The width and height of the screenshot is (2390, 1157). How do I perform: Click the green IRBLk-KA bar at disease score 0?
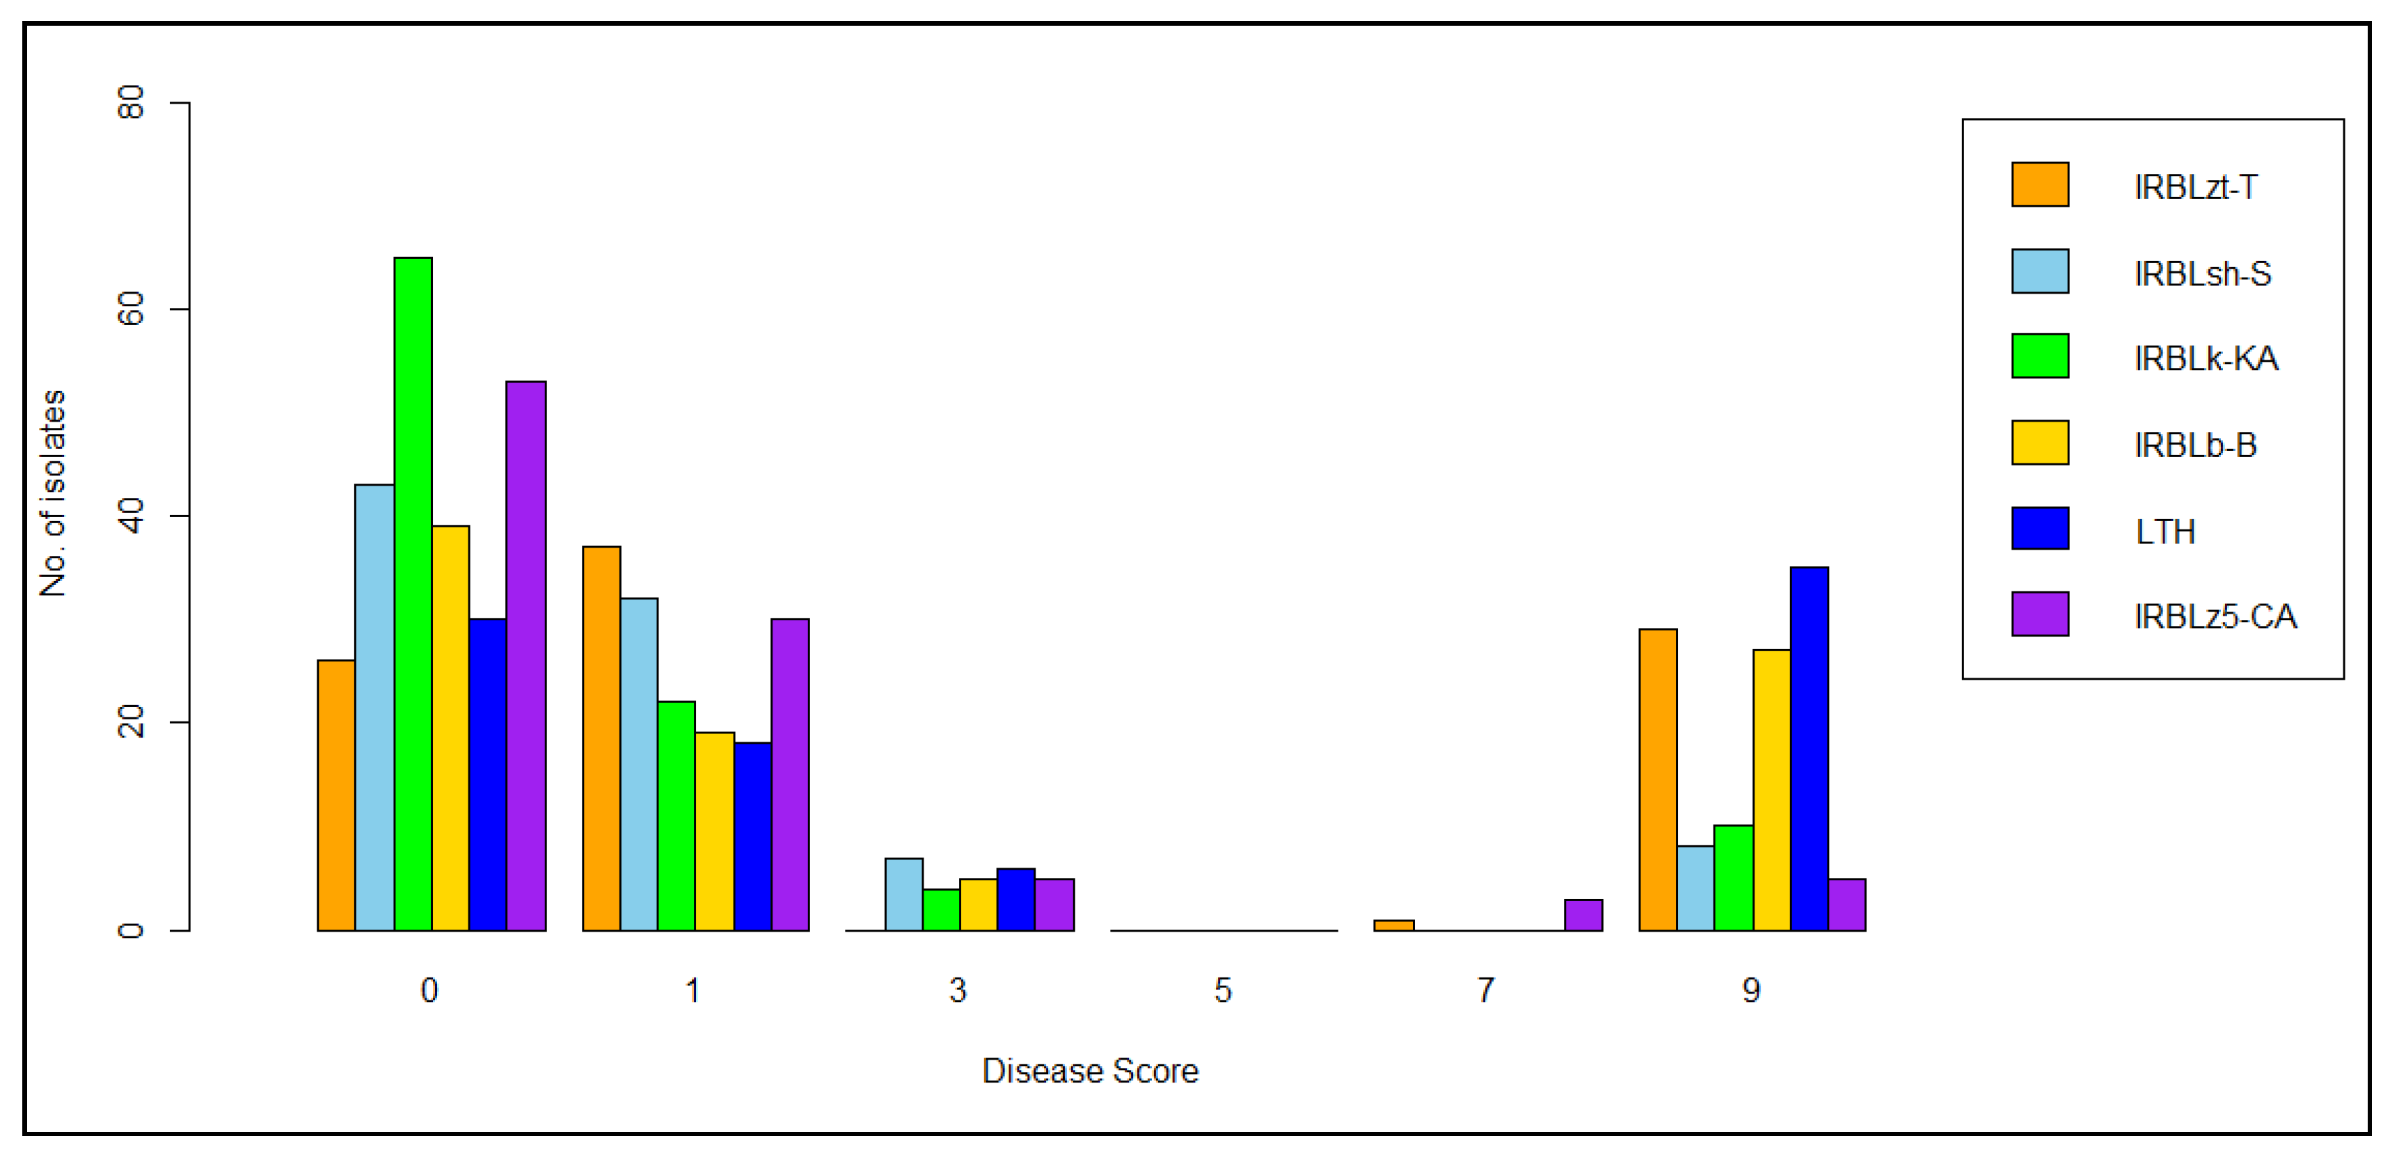click(413, 594)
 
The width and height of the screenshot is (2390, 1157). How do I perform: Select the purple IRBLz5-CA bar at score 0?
click(526, 655)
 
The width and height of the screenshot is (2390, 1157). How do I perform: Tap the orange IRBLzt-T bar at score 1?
click(601, 739)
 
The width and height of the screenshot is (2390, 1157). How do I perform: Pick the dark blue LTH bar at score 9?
click(1809, 749)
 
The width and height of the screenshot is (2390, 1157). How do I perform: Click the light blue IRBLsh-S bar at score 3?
click(903, 895)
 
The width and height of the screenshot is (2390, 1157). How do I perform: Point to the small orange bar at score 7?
click(1393, 925)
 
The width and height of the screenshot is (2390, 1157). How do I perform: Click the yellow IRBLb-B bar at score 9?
click(1771, 790)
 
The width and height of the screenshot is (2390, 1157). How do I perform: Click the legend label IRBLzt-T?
click(2195, 187)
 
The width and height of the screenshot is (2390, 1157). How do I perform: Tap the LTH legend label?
click(2165, 532)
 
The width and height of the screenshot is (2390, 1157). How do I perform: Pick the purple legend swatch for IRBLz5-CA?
click(2039, 614)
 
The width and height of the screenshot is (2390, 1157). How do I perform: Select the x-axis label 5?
click(1223, 990)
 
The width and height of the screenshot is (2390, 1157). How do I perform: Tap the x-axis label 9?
click(1751, 990)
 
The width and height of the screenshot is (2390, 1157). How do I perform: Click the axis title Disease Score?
click(1090, 1071)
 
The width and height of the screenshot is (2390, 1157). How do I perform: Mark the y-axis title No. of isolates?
click(53, 493)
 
